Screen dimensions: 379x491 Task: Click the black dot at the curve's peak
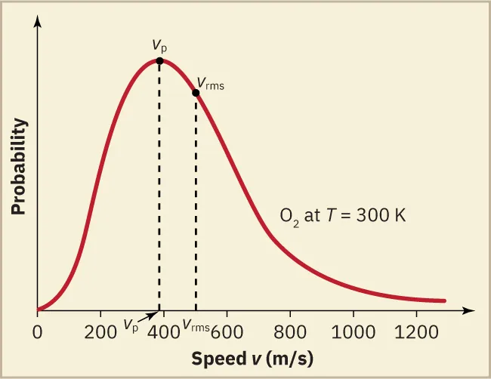point(159,60)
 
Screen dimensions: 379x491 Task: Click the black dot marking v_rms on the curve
point(196,93)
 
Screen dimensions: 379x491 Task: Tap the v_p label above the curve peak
point(159,45)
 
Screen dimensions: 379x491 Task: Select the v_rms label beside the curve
point(210,83)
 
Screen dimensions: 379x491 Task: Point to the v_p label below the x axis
point(131,325)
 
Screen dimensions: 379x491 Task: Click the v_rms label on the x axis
point(196,325)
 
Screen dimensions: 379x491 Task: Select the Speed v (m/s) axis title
point(252,359)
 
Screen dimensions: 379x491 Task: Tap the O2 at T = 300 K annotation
point(343,215)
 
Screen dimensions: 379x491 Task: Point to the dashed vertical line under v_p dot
point(159,189)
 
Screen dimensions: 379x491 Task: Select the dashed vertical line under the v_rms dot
point(196,204)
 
